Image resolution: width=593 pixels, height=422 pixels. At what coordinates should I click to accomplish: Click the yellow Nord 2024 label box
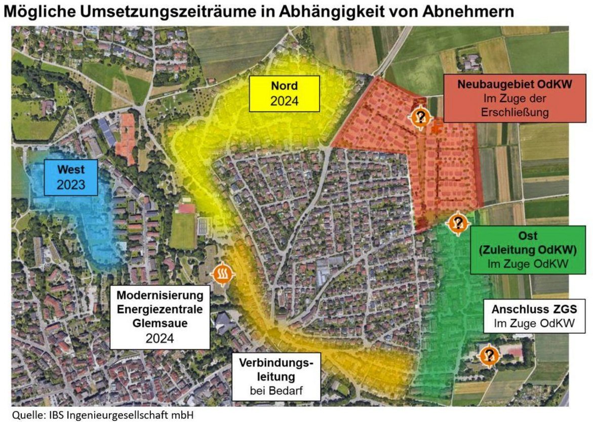284,94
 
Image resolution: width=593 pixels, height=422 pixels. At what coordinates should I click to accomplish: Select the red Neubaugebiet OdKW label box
515,98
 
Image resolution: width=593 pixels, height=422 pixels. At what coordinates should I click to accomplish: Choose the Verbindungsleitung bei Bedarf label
276,376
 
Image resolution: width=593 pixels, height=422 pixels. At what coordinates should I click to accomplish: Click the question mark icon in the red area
420,118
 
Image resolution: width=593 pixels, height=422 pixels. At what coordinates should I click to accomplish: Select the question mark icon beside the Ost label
458,222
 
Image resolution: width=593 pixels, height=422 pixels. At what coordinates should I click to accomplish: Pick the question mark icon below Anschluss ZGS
489,355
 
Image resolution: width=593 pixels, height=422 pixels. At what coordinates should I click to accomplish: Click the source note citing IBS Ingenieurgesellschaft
103,415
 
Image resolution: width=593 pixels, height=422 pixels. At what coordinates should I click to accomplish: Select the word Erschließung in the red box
515,112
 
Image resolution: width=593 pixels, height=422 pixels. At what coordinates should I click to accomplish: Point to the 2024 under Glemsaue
160,338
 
